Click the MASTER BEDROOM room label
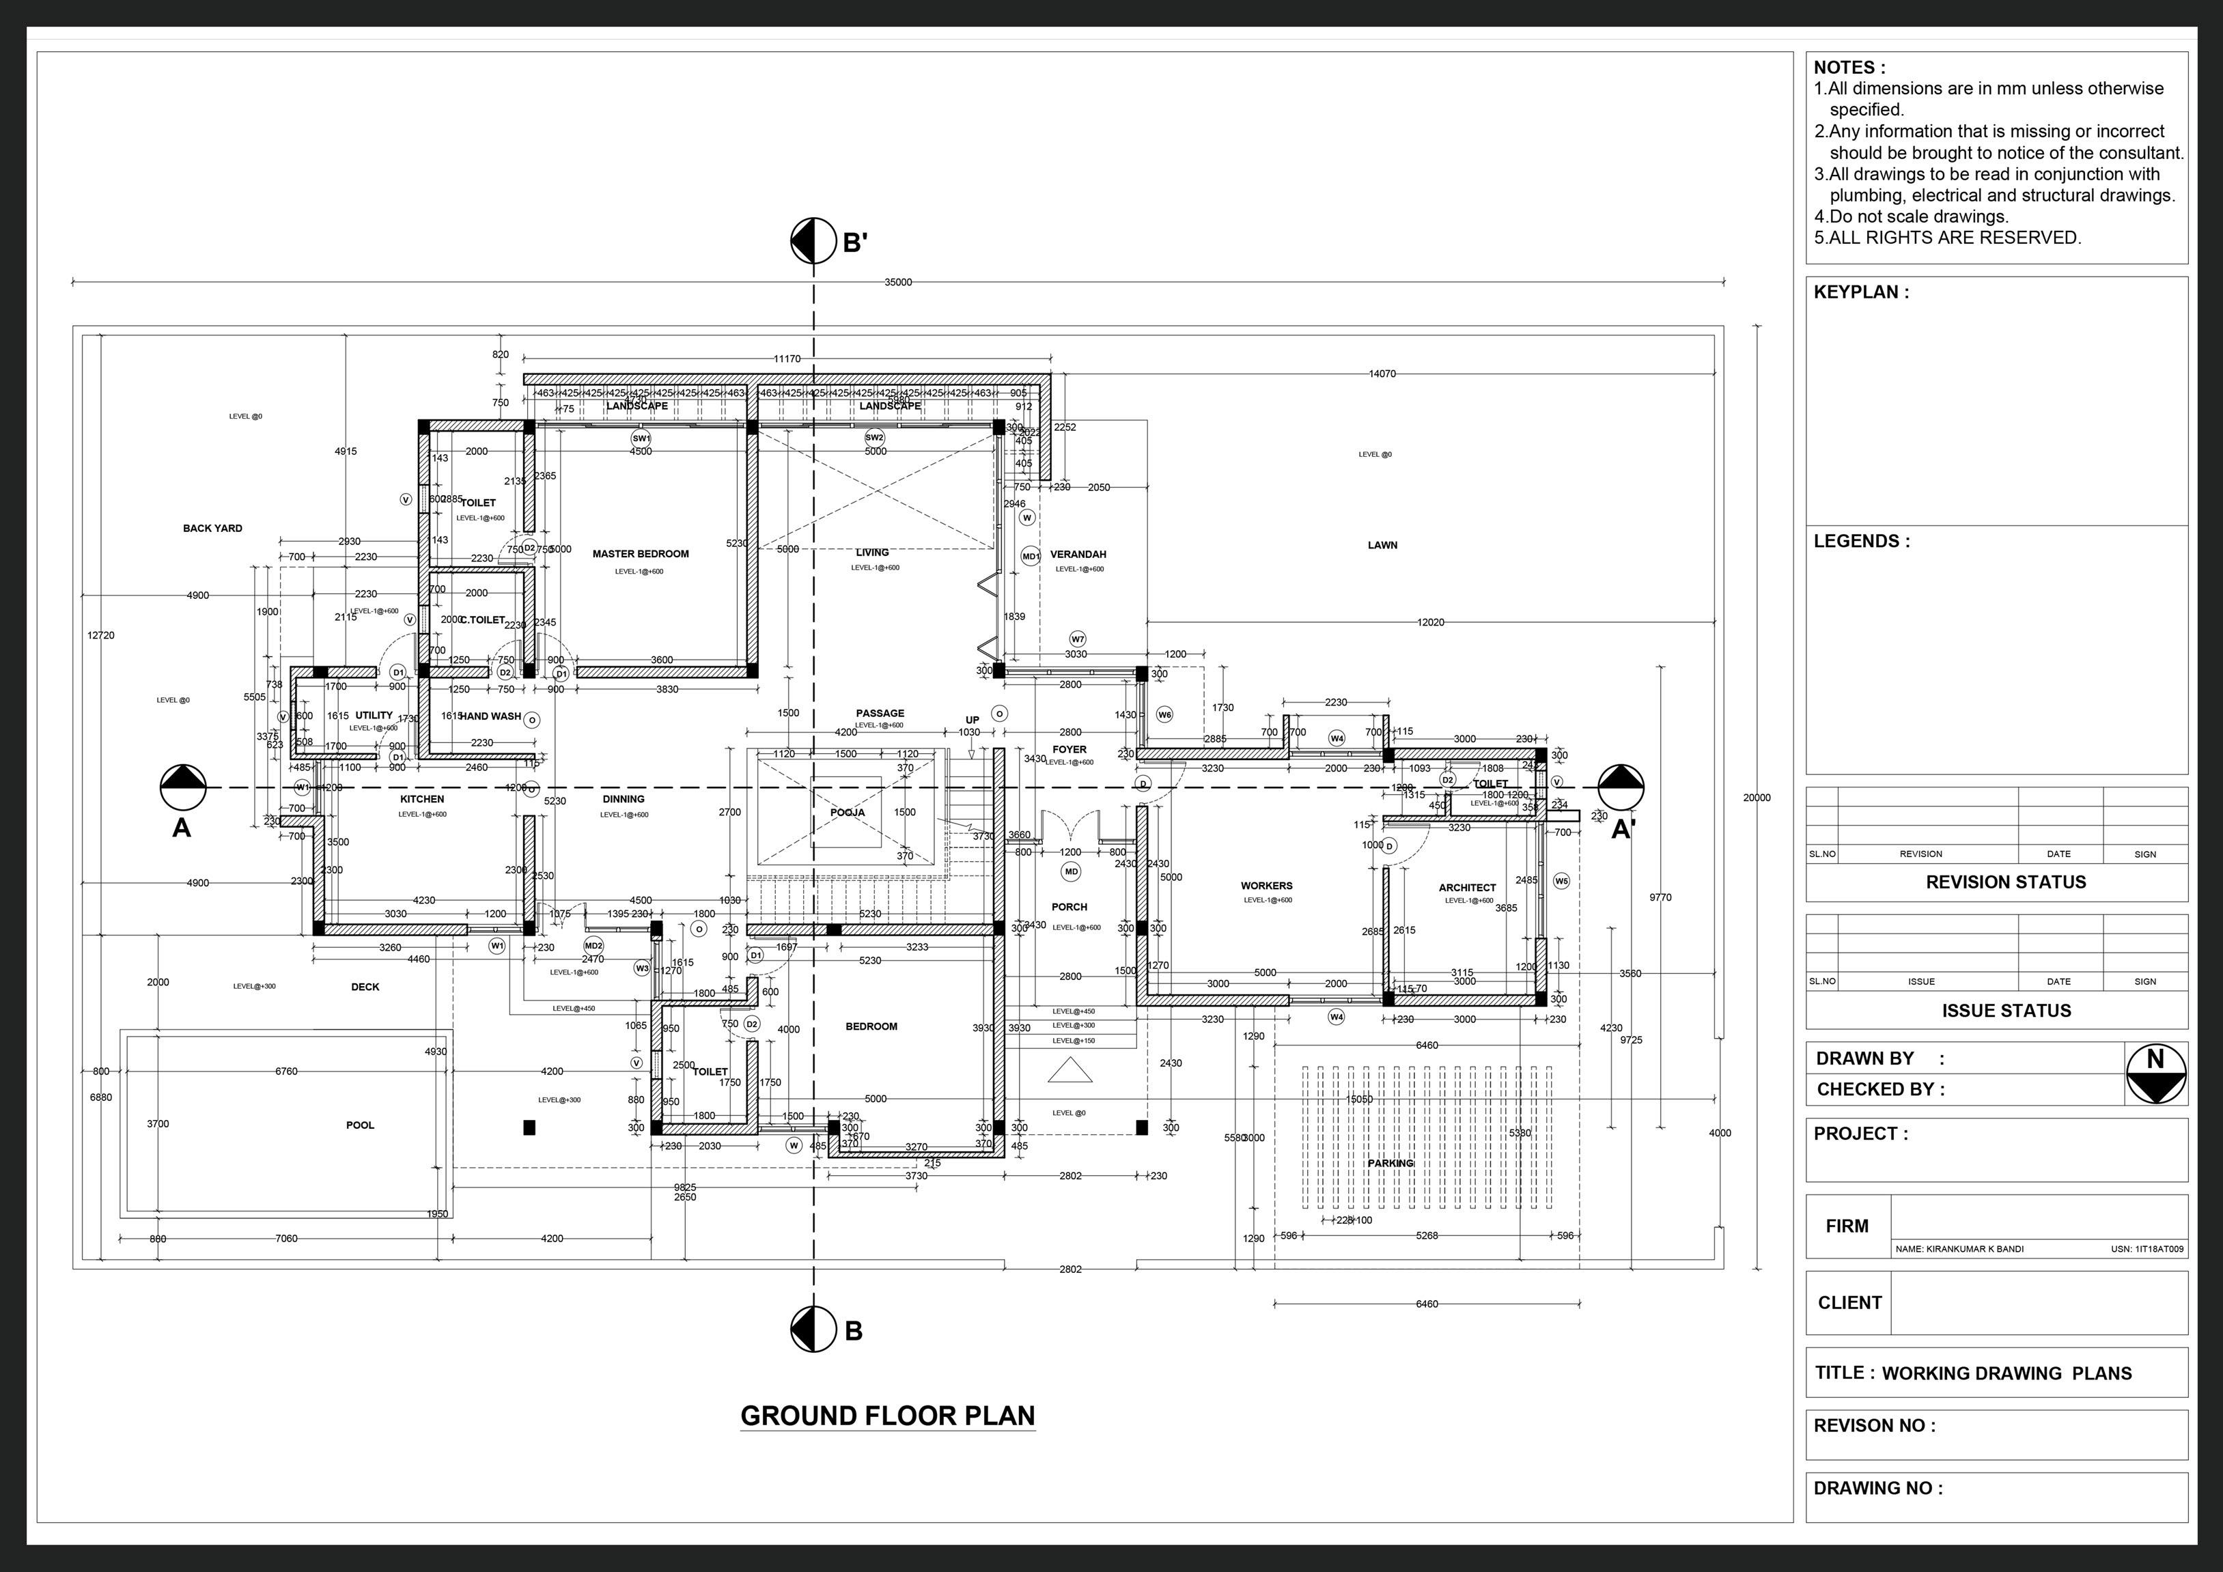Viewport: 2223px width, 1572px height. (x=640, y=554)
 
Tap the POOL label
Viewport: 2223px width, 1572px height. (x=360, y=1125)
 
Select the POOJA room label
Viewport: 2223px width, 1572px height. (x=847, y=812)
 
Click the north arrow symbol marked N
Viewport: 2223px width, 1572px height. (x=2156, y=1073)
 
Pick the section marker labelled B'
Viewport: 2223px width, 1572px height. (x=813, y=240)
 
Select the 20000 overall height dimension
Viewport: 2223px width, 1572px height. (x=1757, y=798)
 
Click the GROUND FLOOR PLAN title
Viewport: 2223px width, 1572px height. (x=887, y=1415)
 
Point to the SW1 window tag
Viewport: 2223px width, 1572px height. (x=641, y=438)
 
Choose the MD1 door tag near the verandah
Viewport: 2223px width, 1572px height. (x=1030, y=557)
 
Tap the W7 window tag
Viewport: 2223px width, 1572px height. (x=1078, y=639)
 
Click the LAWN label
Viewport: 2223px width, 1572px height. (x=1382, y=545)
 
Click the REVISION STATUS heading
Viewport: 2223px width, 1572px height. (x=2005, y=882)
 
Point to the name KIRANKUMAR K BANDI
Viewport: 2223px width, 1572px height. (x=1959, y=1249)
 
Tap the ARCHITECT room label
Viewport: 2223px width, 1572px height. (x=1467, y=888)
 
